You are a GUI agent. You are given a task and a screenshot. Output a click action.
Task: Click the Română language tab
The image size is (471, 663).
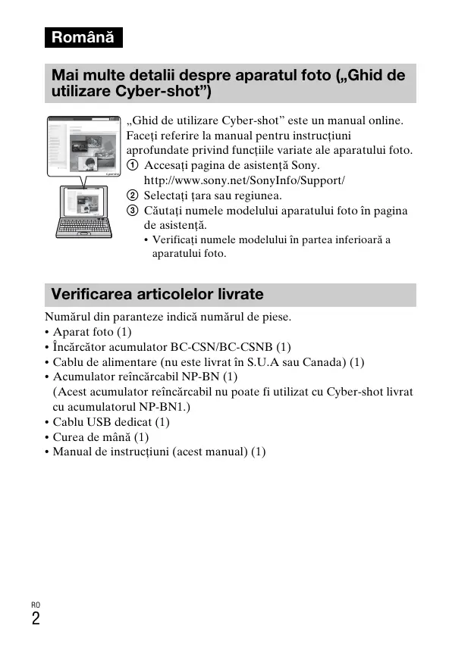83,37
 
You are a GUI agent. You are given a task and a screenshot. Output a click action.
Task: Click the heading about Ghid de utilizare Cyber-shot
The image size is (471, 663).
228,83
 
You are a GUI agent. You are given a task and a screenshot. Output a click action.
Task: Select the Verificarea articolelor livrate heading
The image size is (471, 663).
157,294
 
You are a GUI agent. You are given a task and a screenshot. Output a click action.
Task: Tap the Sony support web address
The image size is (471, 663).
244,180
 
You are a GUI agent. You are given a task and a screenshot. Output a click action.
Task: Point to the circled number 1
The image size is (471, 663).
133,165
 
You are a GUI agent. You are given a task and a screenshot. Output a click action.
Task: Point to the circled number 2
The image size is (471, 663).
133,195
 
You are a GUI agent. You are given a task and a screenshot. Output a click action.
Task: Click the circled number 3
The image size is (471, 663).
133,211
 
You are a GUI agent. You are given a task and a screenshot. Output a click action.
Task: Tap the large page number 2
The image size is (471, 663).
36,618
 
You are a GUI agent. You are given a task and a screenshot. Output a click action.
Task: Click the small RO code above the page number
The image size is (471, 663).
36,604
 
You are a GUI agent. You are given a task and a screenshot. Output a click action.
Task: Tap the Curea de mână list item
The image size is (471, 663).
100,436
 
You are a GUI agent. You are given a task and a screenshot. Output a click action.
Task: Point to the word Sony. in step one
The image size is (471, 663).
306,165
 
